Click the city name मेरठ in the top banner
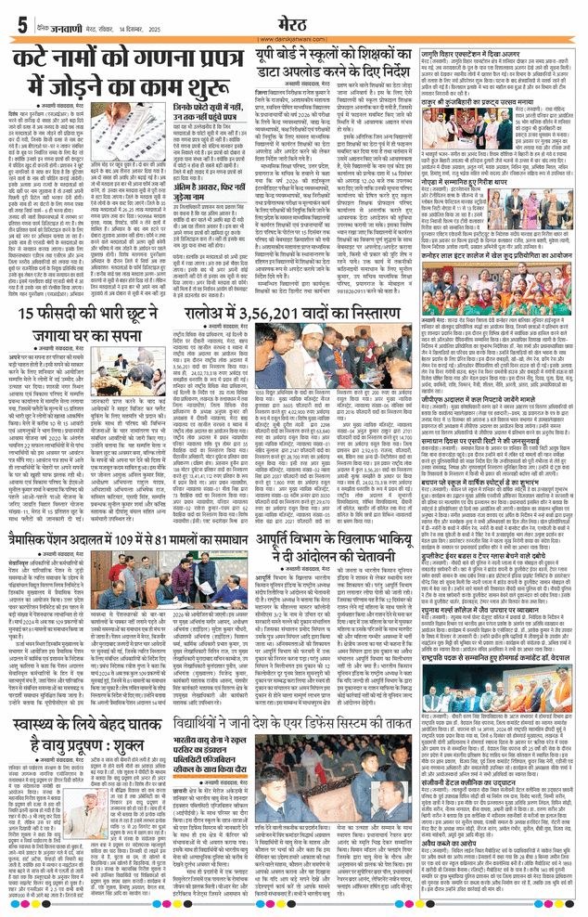click(294, 22)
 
